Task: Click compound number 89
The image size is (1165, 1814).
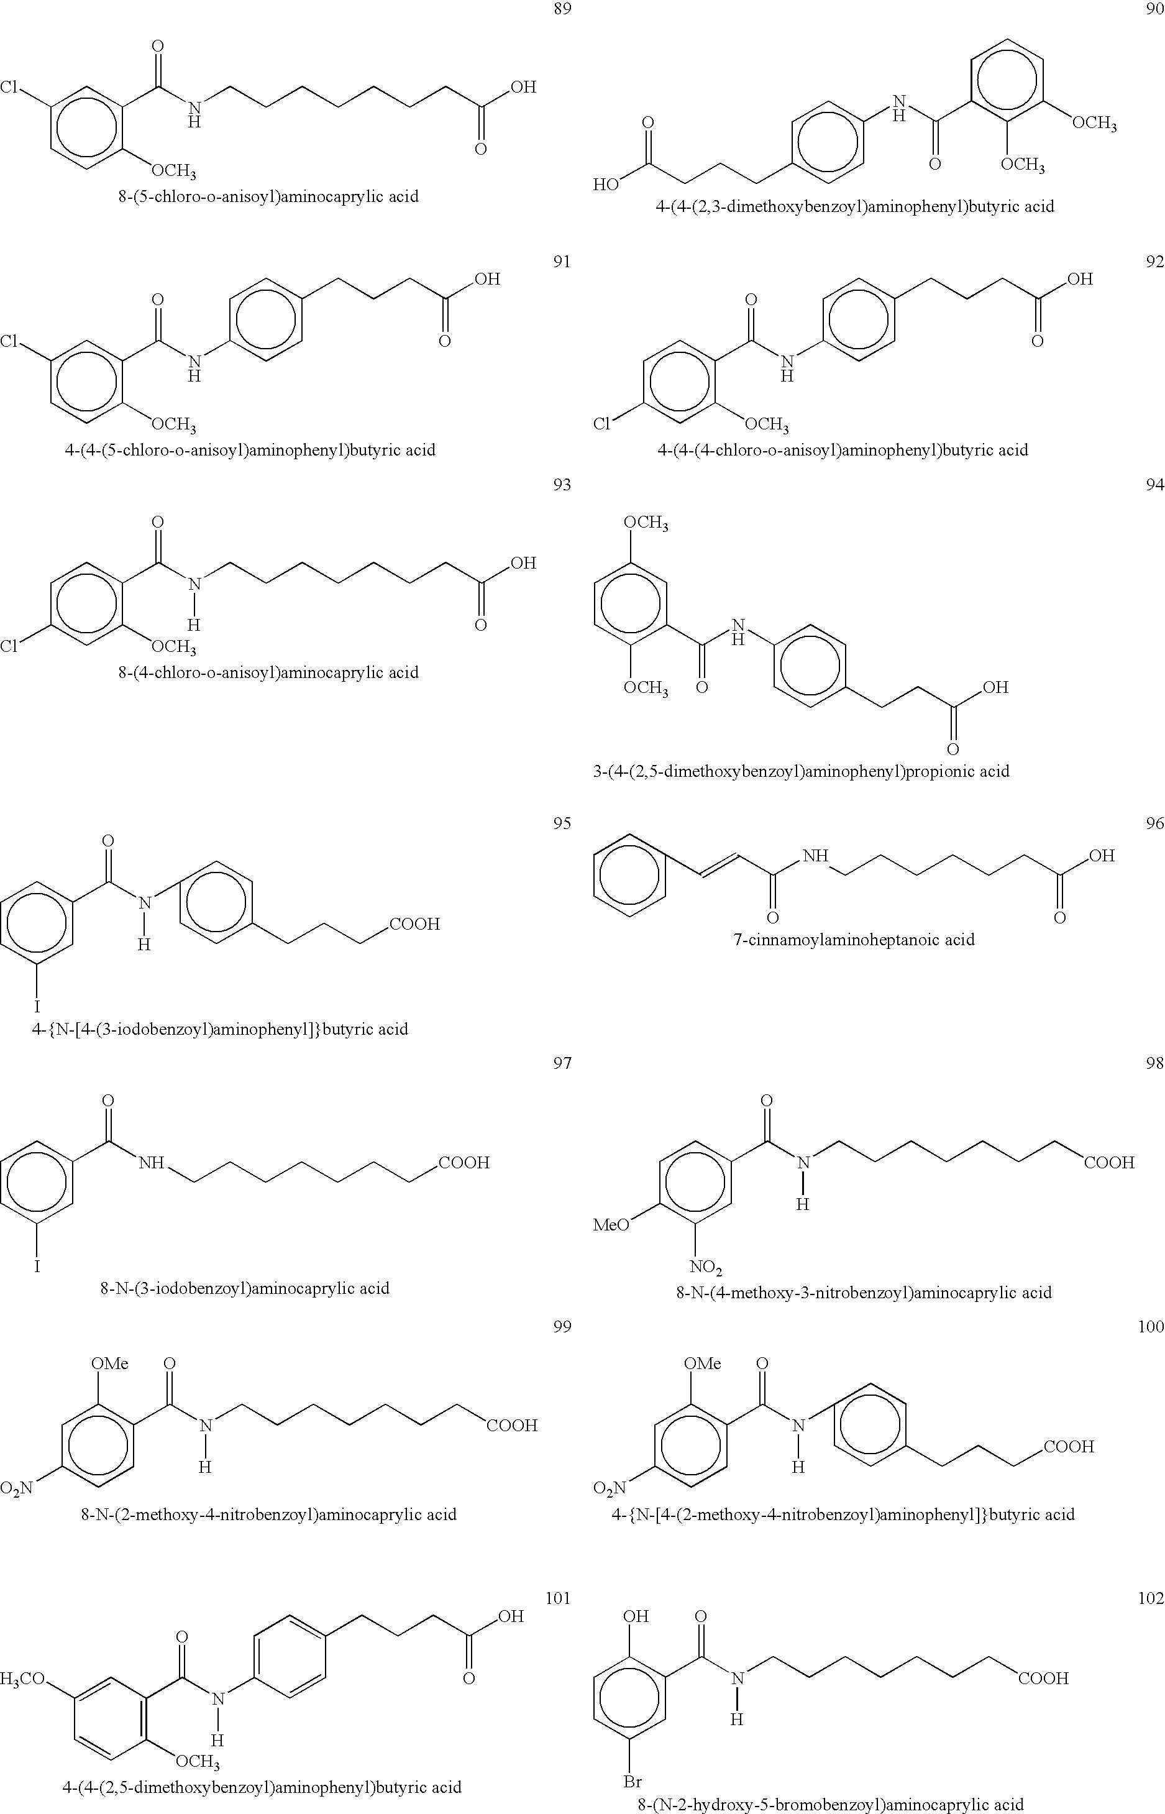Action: coord(562,10)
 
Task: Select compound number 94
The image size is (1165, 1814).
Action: coord(1154,485)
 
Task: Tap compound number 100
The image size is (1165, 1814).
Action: coord(1151,1326)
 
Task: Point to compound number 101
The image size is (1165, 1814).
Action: coord(557,1598)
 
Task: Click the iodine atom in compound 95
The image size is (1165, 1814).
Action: coord(36,1007)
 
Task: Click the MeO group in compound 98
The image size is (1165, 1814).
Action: coord(611,1225)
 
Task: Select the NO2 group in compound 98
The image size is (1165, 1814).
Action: coord(705,1267)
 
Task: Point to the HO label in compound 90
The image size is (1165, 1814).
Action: coord(605,185)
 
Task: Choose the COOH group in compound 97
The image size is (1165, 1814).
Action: coord(464,1163)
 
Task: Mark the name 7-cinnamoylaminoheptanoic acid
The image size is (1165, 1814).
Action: coord(853,940)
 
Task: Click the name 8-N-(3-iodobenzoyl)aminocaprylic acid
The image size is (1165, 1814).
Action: coord(244,1288)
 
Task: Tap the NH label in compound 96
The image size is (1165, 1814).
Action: coord(815,856)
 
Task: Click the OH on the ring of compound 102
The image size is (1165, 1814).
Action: coord(636,1616)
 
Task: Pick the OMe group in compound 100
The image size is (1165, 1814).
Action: coord(702,1363)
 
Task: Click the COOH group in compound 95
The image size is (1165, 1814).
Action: coord(414,923)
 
